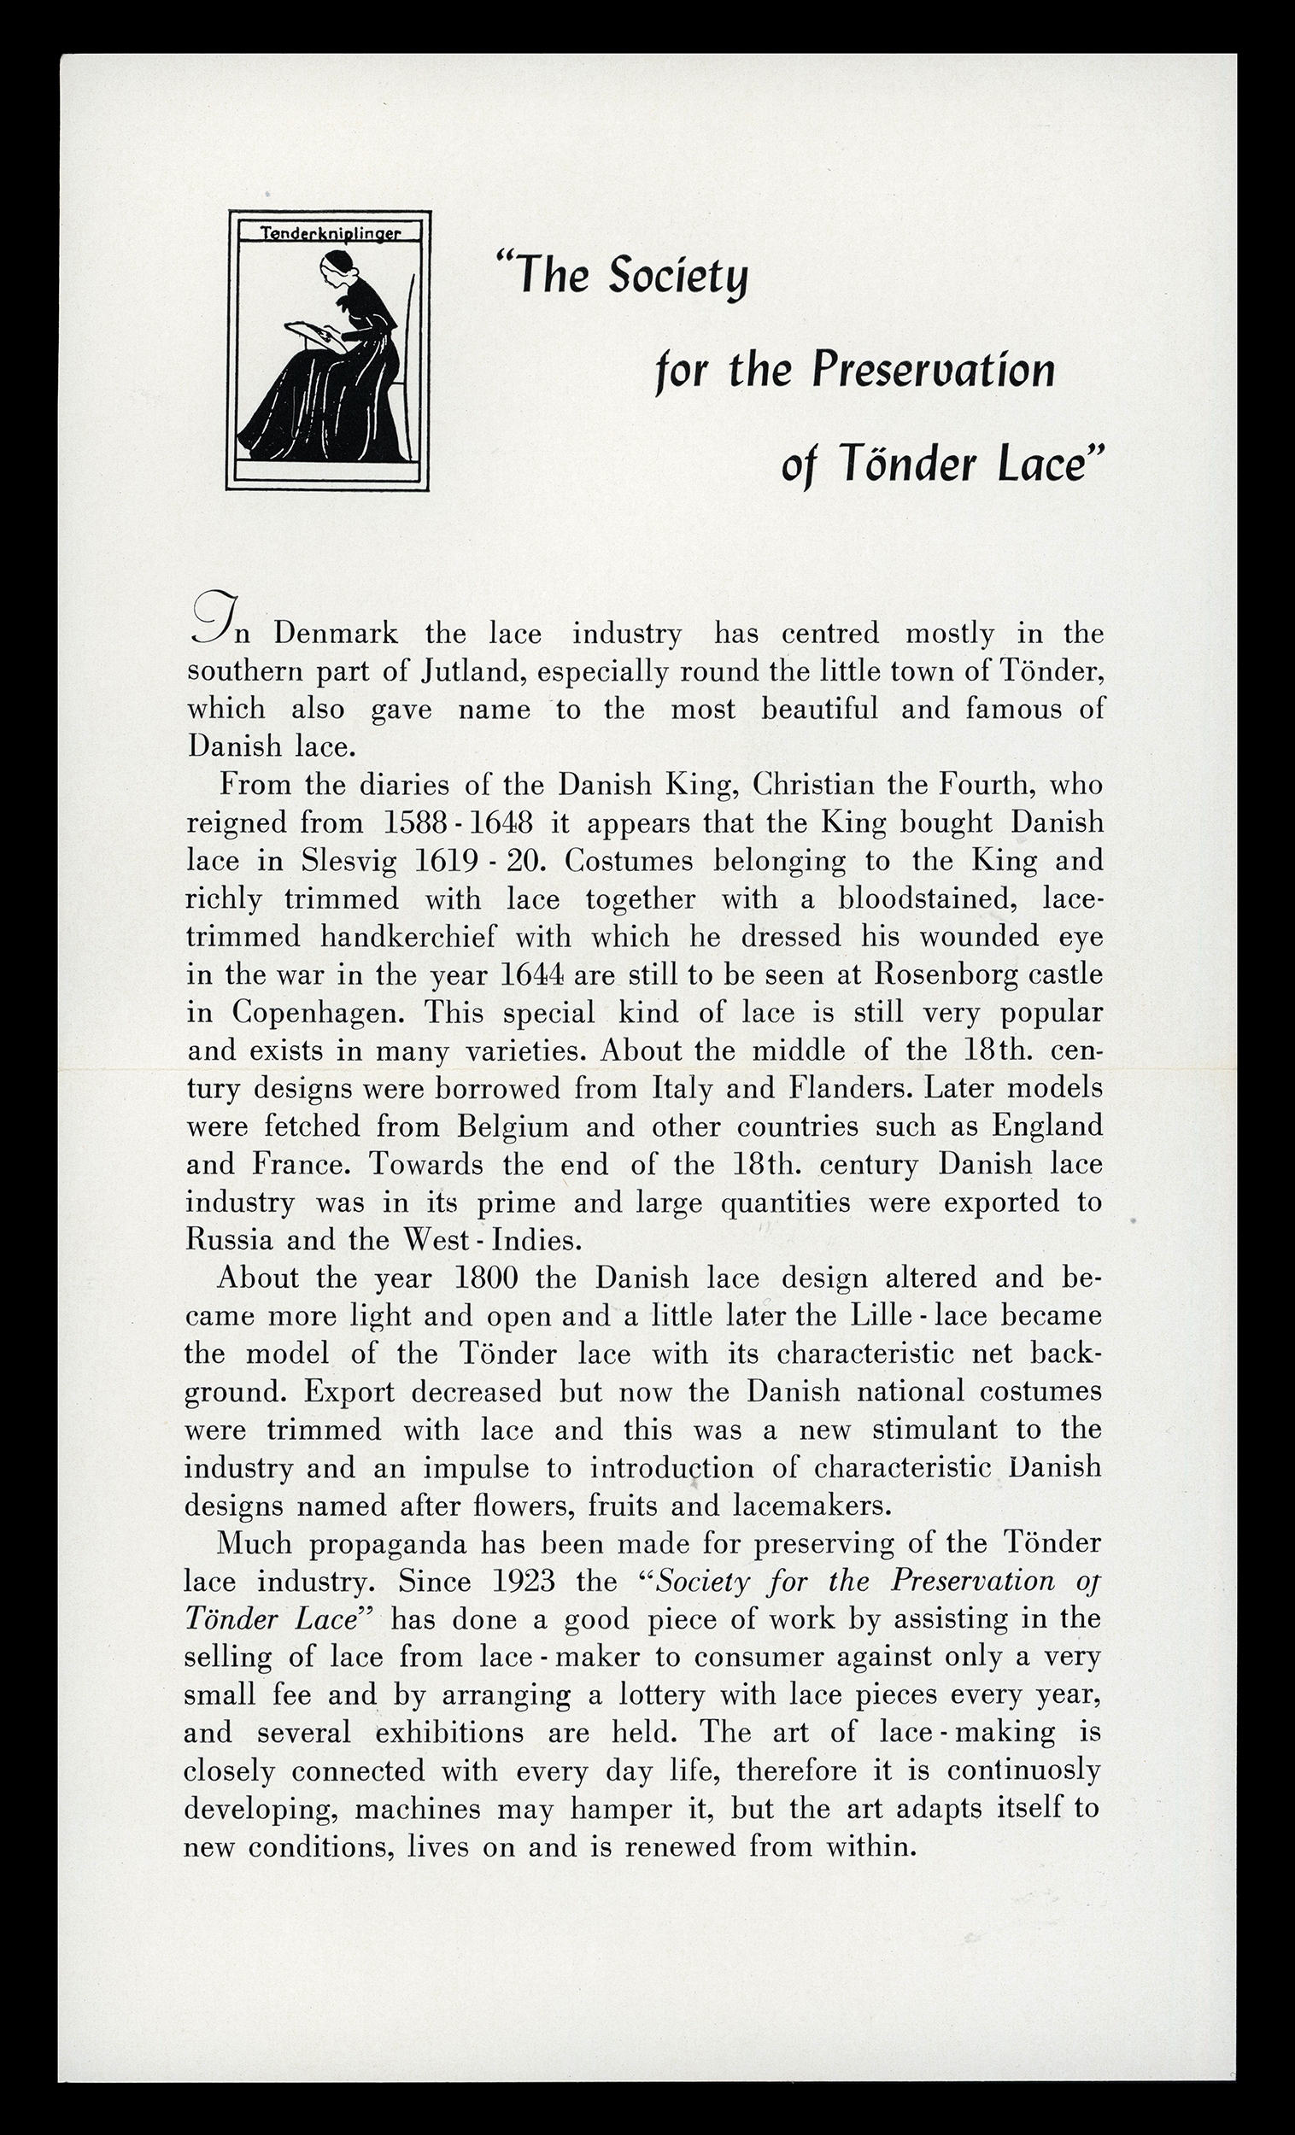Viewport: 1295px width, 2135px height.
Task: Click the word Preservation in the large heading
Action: pos(934,370)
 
